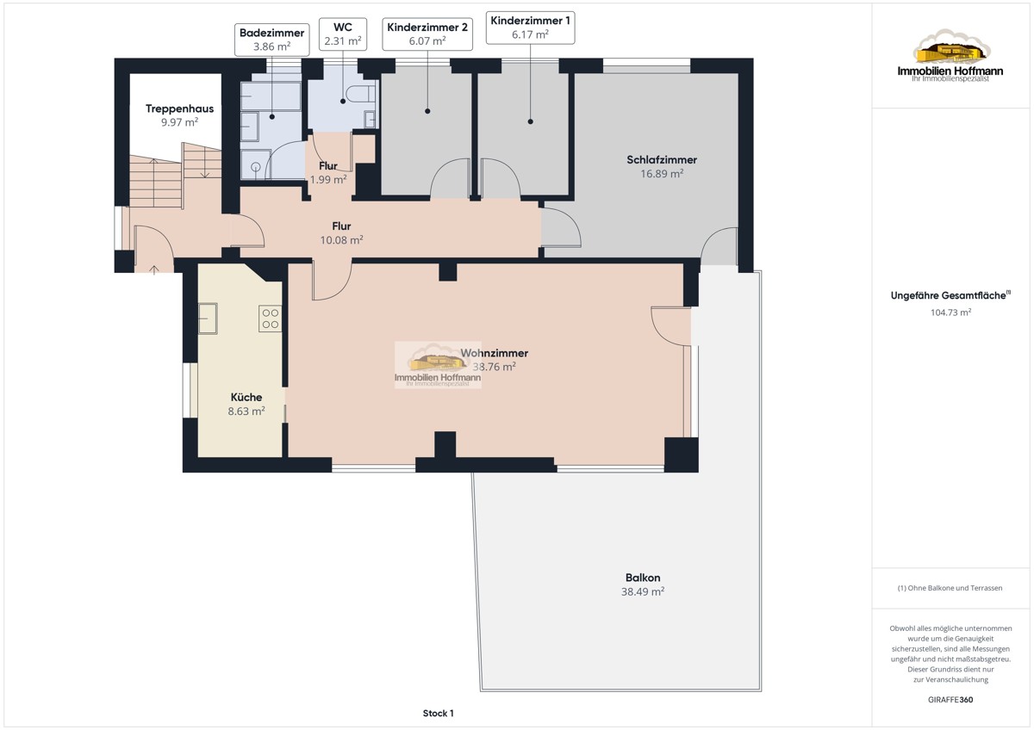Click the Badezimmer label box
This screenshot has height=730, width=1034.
click(272, 40)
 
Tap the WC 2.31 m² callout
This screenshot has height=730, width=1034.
click(343, 34)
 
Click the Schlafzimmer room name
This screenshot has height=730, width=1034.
click(662, 159)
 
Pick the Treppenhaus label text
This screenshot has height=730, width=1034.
click(179, 108)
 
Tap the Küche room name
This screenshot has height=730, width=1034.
click(246, 397)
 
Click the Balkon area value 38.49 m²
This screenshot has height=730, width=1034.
click(643, 591)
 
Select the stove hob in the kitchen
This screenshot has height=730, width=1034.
click(270, 319)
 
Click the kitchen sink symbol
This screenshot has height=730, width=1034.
click(208, 319)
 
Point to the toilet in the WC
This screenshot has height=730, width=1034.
click(361, 94)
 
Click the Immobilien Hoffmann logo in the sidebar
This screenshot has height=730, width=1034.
click(950, 56)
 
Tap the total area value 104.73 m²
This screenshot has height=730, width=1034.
click(950, 312)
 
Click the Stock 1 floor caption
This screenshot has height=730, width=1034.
click(438, 713)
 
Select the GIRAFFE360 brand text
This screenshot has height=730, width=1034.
click(950, 700)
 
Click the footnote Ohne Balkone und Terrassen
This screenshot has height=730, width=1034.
click(950, 588)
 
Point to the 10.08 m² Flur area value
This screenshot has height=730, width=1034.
click(341, 240)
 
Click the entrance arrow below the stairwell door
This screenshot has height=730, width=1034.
click(153, 269)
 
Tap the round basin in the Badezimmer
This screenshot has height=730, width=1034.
click(256, 167)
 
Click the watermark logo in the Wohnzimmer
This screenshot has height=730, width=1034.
click(438, 365)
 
